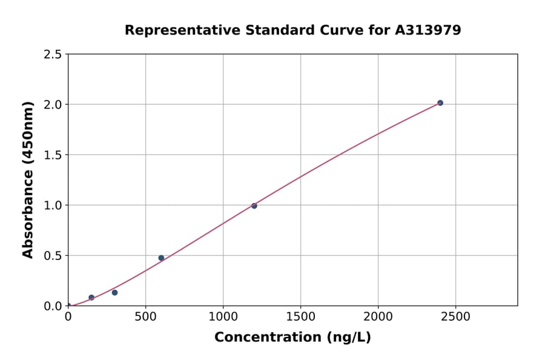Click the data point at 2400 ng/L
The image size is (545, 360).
click(440, 103)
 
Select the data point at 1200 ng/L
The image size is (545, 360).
click(254, 206)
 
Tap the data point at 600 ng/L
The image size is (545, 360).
click(161, 258)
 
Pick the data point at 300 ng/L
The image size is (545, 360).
click(114, 293)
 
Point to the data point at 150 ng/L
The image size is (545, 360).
click(91, 298)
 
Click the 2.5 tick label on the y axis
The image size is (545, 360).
click(53, 55)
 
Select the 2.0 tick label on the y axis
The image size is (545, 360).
click(53, 105)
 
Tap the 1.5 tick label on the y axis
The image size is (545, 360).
click(53, 155)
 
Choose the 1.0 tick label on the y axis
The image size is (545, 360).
click(53, 205)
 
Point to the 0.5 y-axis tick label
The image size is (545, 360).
click(53, 256)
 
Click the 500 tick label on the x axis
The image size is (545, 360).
click(145, 317)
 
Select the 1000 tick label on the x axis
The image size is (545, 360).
click(223, 317)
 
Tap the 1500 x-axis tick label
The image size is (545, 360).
click(301, 317)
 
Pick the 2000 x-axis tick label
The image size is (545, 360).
click(378, 317)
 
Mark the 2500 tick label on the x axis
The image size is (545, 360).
click(456, 317)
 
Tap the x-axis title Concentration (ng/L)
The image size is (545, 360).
click(292, 338)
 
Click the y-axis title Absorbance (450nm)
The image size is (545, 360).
click(28, 179)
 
